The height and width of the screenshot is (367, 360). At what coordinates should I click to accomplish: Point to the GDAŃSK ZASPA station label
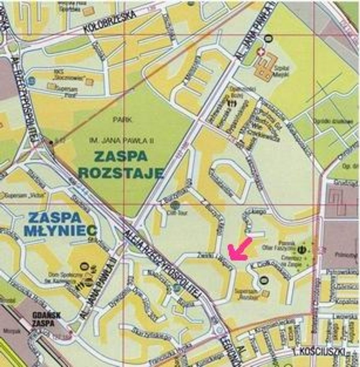tap(46, 319)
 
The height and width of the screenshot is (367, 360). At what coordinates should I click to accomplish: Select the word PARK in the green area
tap(122, 120)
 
